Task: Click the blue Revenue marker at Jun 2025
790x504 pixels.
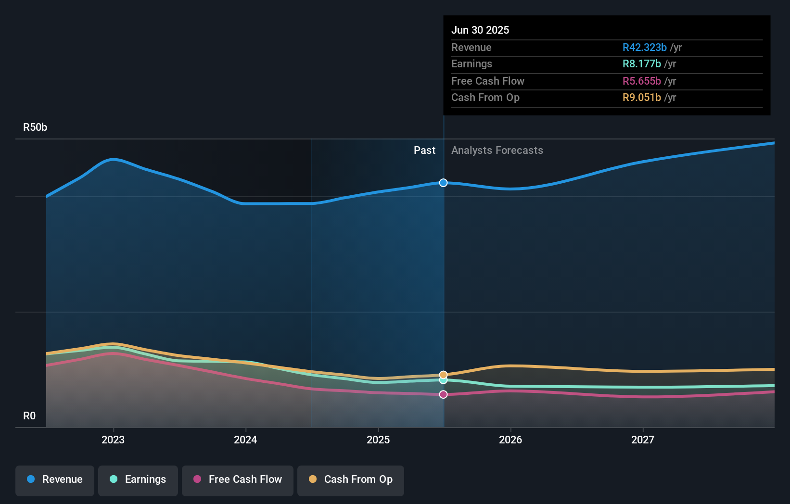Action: coord(443,183)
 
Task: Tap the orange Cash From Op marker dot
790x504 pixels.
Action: coord(443,375)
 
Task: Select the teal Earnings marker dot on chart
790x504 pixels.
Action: coord(443,380)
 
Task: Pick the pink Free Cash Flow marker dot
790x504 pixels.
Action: coord(443,394)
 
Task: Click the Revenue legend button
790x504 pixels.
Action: coord(55,479)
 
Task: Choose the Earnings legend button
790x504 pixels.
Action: coord(138,479)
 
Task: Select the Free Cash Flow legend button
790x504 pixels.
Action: coord(238,479)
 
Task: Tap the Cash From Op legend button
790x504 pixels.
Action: coord(351,479)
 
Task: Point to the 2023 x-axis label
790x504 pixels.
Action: coord(113,440)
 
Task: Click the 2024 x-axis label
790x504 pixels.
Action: coord(245,440)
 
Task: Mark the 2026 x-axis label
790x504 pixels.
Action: coord(510,440)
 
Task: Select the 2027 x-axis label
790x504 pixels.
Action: coord(643,440)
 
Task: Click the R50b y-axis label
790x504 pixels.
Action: coord(35,127)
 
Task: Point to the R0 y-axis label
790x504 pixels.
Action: coord(29,416)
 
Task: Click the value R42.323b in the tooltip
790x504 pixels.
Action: coord(644,48)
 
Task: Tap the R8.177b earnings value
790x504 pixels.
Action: coord(641,64)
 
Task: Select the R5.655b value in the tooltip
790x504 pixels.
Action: coord(641,81)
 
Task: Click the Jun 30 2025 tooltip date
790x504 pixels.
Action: coord(480,30)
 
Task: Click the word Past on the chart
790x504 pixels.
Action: coord(424,151)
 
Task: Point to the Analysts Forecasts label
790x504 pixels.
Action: coord(497,151)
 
